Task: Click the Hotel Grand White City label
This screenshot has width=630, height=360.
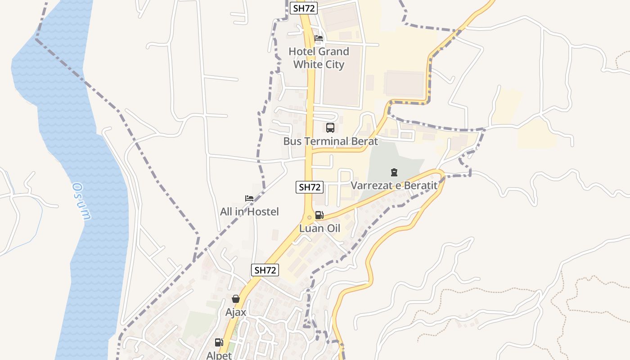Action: [319, 58]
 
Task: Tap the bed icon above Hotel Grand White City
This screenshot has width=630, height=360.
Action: [319, 38]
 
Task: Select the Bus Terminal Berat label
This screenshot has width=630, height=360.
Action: [330, 141]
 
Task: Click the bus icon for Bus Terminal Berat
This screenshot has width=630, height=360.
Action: [330, 127]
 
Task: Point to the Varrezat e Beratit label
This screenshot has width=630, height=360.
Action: [394, 185]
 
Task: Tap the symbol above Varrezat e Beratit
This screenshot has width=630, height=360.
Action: [394, 172]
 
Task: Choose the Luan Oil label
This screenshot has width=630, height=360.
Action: [319, 228]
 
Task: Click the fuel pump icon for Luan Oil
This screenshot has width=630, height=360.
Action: [319, 215]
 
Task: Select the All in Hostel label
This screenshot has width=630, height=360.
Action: [249, 211]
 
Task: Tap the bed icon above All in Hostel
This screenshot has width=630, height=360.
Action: [249, 198]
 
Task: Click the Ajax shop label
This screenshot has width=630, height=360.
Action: [236, 312]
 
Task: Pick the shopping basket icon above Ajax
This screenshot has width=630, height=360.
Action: [236, 298]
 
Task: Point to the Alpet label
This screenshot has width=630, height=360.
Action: [219, 355]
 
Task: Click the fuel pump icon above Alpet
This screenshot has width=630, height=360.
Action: [219, 342]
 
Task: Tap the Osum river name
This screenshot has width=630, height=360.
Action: [81, 201]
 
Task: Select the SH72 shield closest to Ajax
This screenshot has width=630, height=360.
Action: [265, 270]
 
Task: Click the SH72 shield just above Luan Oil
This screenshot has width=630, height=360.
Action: [310, 187]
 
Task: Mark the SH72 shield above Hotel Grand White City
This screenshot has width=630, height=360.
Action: [304, 8]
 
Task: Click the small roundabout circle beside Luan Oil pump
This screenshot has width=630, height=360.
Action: [309, 217]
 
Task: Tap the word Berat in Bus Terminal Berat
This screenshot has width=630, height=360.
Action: [363, 141]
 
